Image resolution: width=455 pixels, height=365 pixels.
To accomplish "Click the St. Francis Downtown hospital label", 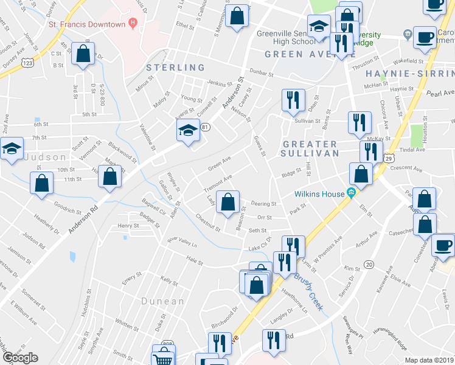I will tap(87, 25).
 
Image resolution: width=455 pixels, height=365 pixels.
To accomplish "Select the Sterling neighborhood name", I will tap(175, 68).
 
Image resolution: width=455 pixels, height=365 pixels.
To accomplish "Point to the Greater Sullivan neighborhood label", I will tap(310, 148).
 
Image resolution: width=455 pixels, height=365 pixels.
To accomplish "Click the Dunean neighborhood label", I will tap(162, 301).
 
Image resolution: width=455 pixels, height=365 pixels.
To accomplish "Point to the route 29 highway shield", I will tap(387, 158).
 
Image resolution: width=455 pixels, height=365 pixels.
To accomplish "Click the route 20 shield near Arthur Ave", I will tap(369, 263).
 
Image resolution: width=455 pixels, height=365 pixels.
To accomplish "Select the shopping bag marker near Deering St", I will tap(227, 202).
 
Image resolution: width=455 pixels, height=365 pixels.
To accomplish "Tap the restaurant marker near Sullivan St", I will tap(294, 100).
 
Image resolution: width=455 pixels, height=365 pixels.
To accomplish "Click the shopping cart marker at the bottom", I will tap(163, 357).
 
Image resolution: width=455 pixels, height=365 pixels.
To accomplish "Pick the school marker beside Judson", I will tap(11, 150).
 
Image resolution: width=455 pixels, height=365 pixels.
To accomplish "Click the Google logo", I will tap(19, 358).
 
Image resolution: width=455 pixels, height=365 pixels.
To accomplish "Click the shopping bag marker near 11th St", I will tap(110, 177).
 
